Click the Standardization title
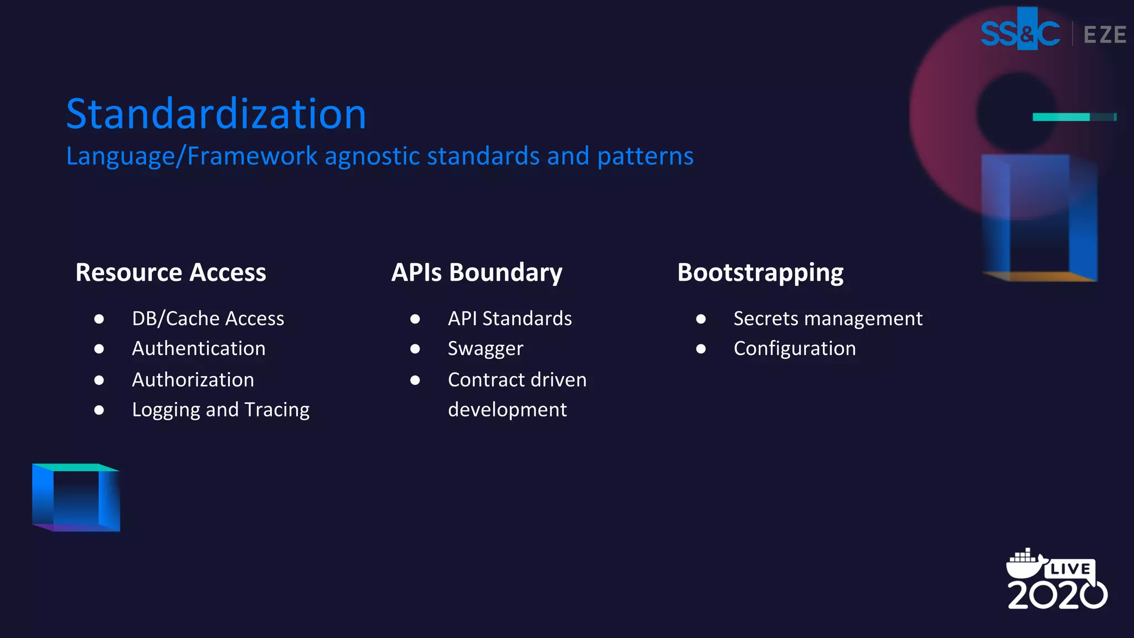tap(216, 114)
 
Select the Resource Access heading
tap(171, 272)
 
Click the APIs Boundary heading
tap(477, 272)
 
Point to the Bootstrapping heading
tap(760, 272)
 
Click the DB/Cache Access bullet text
tap(208, 319)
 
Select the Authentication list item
tap(198, 349)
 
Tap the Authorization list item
tap(193, 380)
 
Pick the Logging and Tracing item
tap(220, 410)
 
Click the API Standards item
tap(509, 319)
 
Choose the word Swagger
tap(485, 349)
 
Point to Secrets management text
tap(828, 319)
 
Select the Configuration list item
tap(795, 349)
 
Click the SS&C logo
tap(1020, 33)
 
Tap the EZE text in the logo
tap(1105, 35)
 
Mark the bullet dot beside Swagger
tap(415, 349)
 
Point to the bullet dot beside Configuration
tap(701, 349)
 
